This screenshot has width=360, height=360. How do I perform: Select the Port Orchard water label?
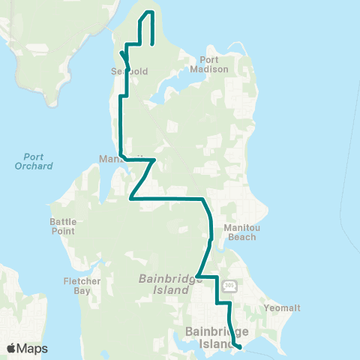tap(34, 161)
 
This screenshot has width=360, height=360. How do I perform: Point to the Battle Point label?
tap(62, 226)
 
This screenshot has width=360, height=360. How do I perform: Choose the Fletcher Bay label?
tap(82, 286)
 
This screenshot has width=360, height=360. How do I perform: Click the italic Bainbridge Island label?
tap(166, 283)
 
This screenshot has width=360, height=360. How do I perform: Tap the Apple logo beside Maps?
tap(10, 349)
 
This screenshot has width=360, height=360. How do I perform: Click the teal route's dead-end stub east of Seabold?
tap(153, 43)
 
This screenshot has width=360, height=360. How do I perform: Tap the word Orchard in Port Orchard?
tap(34, 166)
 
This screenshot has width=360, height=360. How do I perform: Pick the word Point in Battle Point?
tap(62, 231)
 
